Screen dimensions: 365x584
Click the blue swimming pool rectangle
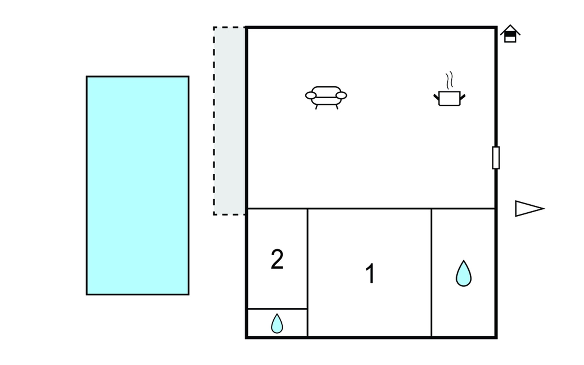click(x=137, y=186)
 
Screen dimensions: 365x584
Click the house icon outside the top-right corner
click(x=510, y=34)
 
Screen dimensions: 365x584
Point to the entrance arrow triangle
click(x=528, y=209)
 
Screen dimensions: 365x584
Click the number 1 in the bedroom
click(x=370, y=273)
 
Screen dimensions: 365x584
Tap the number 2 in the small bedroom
click(x=277, y=259)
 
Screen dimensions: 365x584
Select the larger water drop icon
click(x=464, y=274)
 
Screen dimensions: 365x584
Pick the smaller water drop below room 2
click(x=277, y=324)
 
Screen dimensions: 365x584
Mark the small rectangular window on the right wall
click(x=496, y=158)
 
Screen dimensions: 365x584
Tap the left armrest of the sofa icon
click(x=311, y=96)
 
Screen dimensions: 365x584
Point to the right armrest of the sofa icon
click(x=341, y=96)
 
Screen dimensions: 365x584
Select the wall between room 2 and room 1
click(x=308, y=259)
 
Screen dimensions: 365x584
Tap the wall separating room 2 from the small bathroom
click(x=277, y=309)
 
